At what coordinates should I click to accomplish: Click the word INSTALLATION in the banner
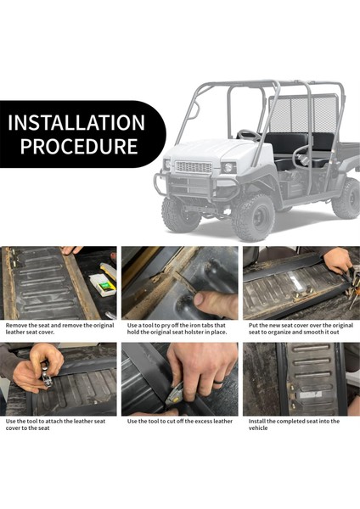[x=76, y=122]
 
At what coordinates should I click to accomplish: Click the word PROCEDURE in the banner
[x=79, y=147]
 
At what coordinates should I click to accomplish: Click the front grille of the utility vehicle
[x=194, y=167]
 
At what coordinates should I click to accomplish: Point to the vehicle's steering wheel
[x=249, y=134]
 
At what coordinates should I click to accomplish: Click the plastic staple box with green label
[x=103, y=285]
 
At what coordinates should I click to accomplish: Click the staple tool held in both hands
[x=46, y=375]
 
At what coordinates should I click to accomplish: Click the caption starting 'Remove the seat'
[x=59, y=328]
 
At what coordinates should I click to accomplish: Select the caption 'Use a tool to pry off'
[x=177, y=328]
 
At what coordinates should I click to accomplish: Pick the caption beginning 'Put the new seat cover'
[x=301, y=328]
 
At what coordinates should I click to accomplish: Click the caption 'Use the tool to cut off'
[x=180, y=421]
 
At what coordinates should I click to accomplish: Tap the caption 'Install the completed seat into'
[x=294, y=425]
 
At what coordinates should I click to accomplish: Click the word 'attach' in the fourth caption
[x=54, y=421]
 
